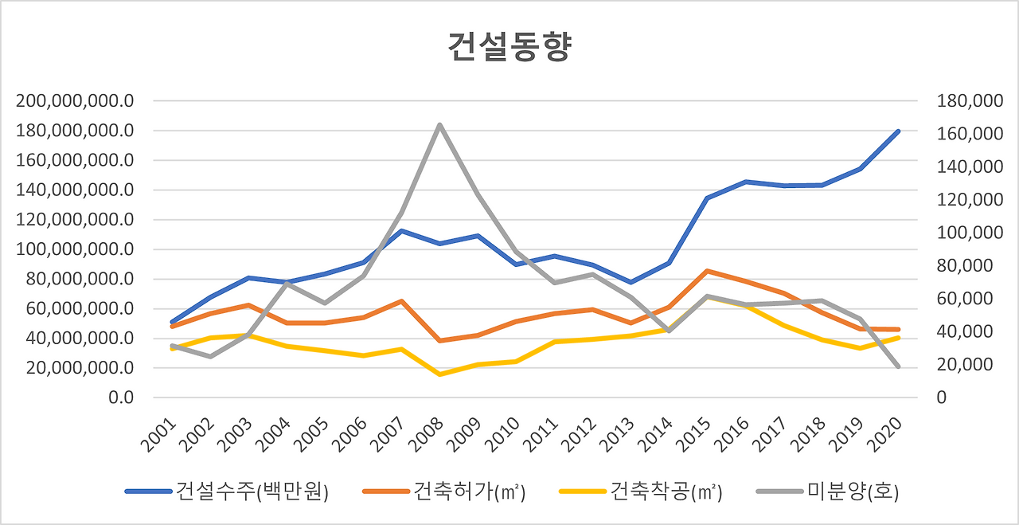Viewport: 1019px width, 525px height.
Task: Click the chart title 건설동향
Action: (x=509, y=48)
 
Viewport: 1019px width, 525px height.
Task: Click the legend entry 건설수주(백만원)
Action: (x=227, y=492)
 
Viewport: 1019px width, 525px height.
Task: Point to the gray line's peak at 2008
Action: (x=439, y=124)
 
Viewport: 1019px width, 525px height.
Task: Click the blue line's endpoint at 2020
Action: (x=898, y=131)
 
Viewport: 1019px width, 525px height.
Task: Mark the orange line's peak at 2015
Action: (x=707, y=271)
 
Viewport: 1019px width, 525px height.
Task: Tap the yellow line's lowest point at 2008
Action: (x=439, y=374)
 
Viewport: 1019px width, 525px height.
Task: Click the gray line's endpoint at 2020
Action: (x=898, y=366)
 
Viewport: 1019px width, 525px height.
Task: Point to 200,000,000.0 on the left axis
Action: (x=73, y=101)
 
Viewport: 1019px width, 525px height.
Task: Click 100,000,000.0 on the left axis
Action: (x=73, y=249)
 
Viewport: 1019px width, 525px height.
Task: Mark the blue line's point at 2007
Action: (x=401, y=231)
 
